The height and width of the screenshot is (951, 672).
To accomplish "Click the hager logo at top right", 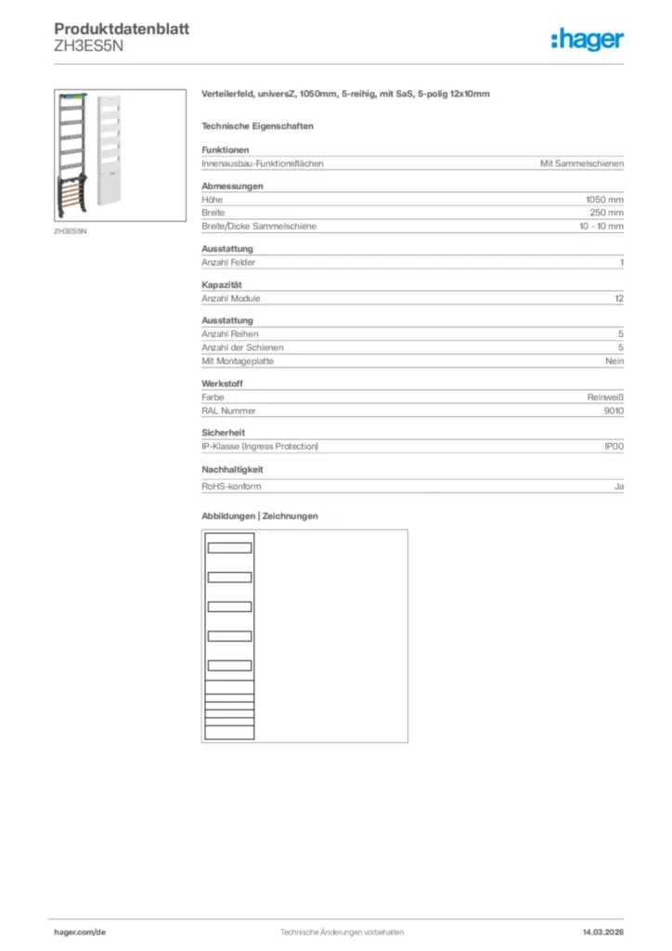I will pos(587,39).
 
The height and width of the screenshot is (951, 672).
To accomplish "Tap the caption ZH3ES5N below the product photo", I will pos(70,231).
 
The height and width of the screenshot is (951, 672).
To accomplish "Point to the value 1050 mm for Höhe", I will pos(604,200).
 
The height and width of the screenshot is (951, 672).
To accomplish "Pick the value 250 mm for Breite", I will pos(607,213).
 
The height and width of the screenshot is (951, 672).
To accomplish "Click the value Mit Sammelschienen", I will pos(582,163).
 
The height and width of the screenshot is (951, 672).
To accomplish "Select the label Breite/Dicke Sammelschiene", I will pos(259,226).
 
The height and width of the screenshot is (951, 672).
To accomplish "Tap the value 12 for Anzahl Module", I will pos(619,298).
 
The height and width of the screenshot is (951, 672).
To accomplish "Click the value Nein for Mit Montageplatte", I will pos(614,361).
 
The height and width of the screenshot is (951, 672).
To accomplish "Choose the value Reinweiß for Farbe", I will pos(605,397).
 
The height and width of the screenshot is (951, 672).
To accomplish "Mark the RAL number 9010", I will pos(614,410).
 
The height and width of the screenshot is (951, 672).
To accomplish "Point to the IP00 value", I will pos(614,447).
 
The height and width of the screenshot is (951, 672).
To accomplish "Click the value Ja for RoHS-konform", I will pos(619,486).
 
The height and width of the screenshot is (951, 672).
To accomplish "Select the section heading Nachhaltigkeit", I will pos(232,470).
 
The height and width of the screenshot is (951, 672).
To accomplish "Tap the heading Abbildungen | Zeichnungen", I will pos(260,515).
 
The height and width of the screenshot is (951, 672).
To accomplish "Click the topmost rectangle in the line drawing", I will pos(229,547).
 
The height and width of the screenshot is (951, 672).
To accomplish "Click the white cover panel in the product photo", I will pos(109,139).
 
